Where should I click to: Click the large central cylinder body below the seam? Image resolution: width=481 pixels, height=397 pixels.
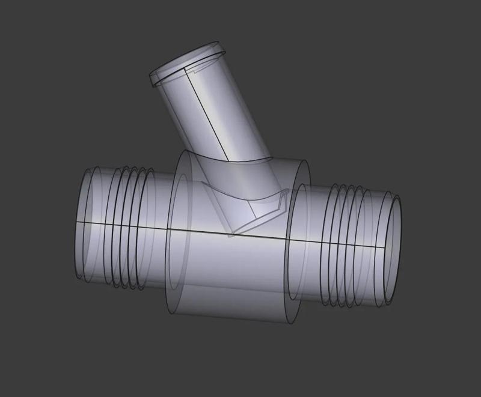point(234,276)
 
